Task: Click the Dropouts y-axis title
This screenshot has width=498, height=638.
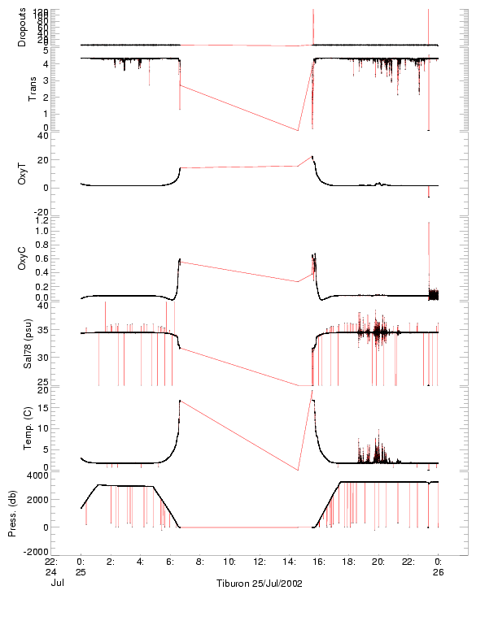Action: (x=22, y=27)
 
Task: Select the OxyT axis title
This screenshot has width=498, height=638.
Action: (x=22, y=174)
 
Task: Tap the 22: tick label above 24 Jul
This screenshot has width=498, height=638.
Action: (x=50, y=561)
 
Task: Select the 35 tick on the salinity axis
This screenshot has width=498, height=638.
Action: (x=68, y=332)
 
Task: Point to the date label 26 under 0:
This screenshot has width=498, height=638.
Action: (x=438, y=571)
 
